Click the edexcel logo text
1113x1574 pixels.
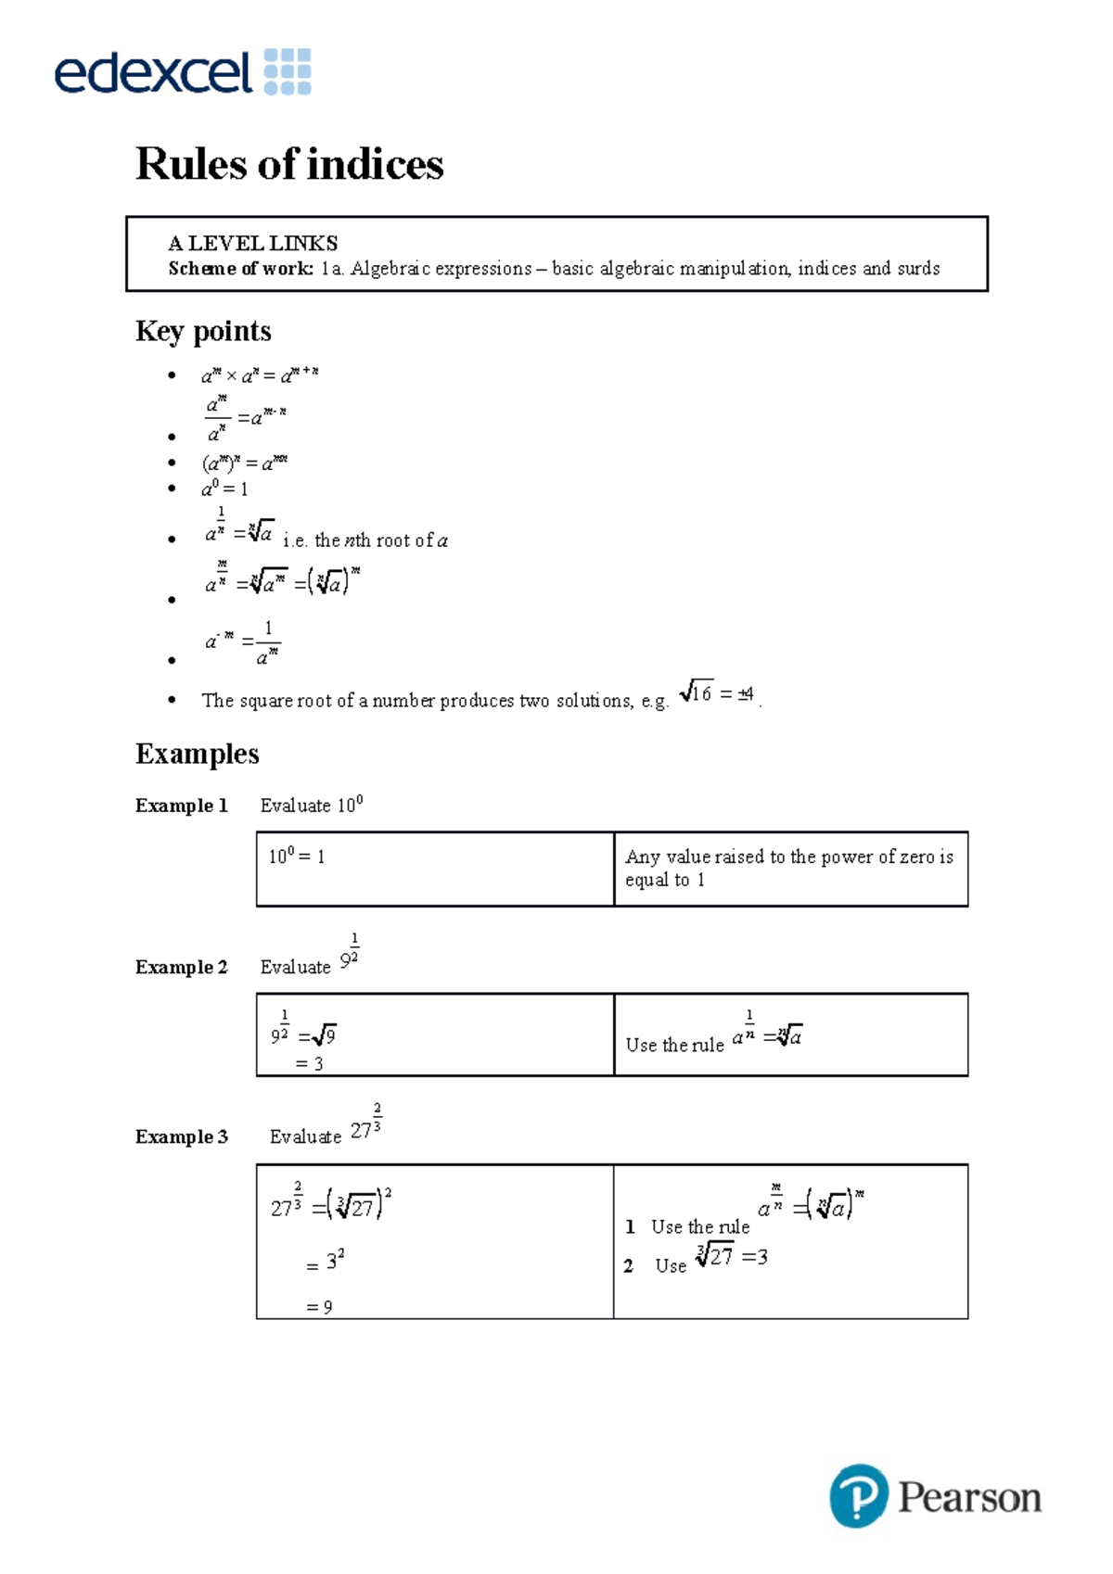[x=153, y=72]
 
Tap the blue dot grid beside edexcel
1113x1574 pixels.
[x=288, y=72]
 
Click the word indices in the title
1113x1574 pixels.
[x=375, y=164]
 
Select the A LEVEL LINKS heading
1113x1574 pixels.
[x=252, y=243]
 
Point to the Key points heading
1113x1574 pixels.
[x=203, y=331]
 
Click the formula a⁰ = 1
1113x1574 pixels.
[x=224, y=489]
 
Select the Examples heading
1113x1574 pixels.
[x=197, y=754]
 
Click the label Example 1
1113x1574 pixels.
[x=181, y=806]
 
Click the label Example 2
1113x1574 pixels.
[x=181, y=967]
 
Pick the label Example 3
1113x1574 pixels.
[x=181, y=1136]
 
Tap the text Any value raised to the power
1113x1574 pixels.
[x=788, y=857]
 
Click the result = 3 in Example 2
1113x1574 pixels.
[x=309, y=1063]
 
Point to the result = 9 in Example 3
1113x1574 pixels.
[x=319, y=1307]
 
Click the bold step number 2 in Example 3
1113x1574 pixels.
[x=628, y=1266]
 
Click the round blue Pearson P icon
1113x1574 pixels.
[x=858, y=1495]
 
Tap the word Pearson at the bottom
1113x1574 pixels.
[x=969, y=1497]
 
